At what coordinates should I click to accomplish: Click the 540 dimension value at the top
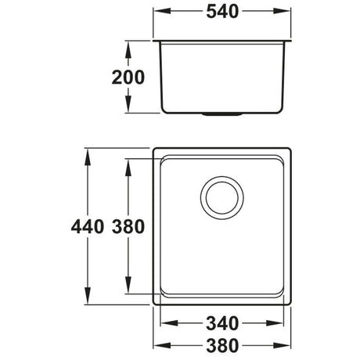coord(223,13)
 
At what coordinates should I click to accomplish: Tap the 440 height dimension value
coord(85,228)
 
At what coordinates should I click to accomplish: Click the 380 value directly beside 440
coord(127,228)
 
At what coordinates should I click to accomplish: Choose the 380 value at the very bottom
coord(223,345)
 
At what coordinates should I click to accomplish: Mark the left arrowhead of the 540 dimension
coord(157,13)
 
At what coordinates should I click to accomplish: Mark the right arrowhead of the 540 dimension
coord(289,13)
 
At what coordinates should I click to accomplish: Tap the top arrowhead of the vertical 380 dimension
coord(128,163)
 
